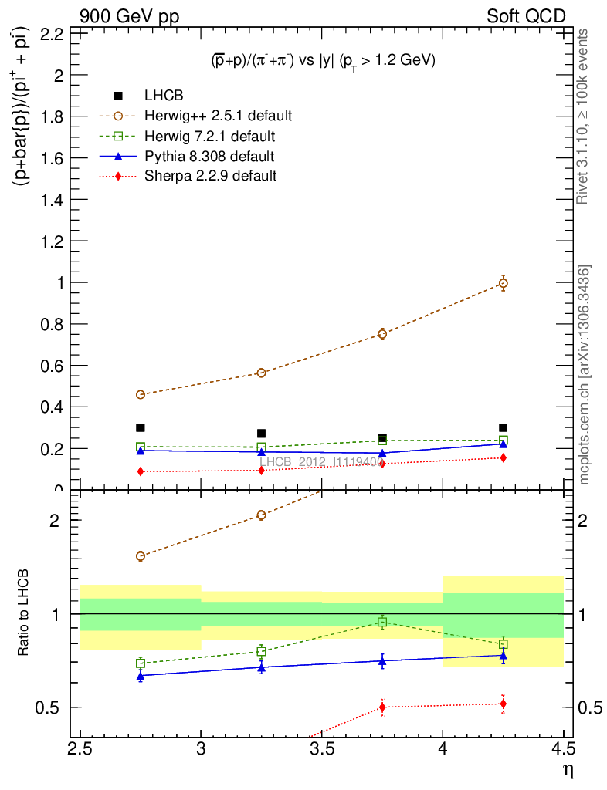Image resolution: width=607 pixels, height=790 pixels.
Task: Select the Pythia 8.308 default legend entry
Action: pyautogui.click(x=209, y=157)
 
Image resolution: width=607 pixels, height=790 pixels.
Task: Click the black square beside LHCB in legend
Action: pyautogui.click(x=118, y=96)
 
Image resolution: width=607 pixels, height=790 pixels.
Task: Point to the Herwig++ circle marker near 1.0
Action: pyautogui.click(x=503, y=283)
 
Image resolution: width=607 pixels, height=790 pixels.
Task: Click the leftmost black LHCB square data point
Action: pyautogui.click(x=141, y=427)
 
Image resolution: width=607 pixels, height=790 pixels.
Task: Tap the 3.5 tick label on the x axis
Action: pyautogui.click(x=322, y=748)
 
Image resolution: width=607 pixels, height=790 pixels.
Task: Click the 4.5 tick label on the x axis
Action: pyautogui.click(x=563, y=748)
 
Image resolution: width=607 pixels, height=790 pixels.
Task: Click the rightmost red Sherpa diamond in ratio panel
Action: pyautogui.click(x=503, y=704)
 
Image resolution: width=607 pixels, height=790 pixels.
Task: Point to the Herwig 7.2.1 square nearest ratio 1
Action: pyautogui.click(x=382, y=622)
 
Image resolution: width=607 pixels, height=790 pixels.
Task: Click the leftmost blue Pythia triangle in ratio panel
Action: pyautogui.click(x=141, y=676)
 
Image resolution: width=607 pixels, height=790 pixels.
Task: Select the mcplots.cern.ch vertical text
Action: pyautogui.click(x=585, y=375)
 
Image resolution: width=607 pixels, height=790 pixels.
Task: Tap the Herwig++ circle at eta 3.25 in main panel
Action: pyautogui.click(x=261, y=373)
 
